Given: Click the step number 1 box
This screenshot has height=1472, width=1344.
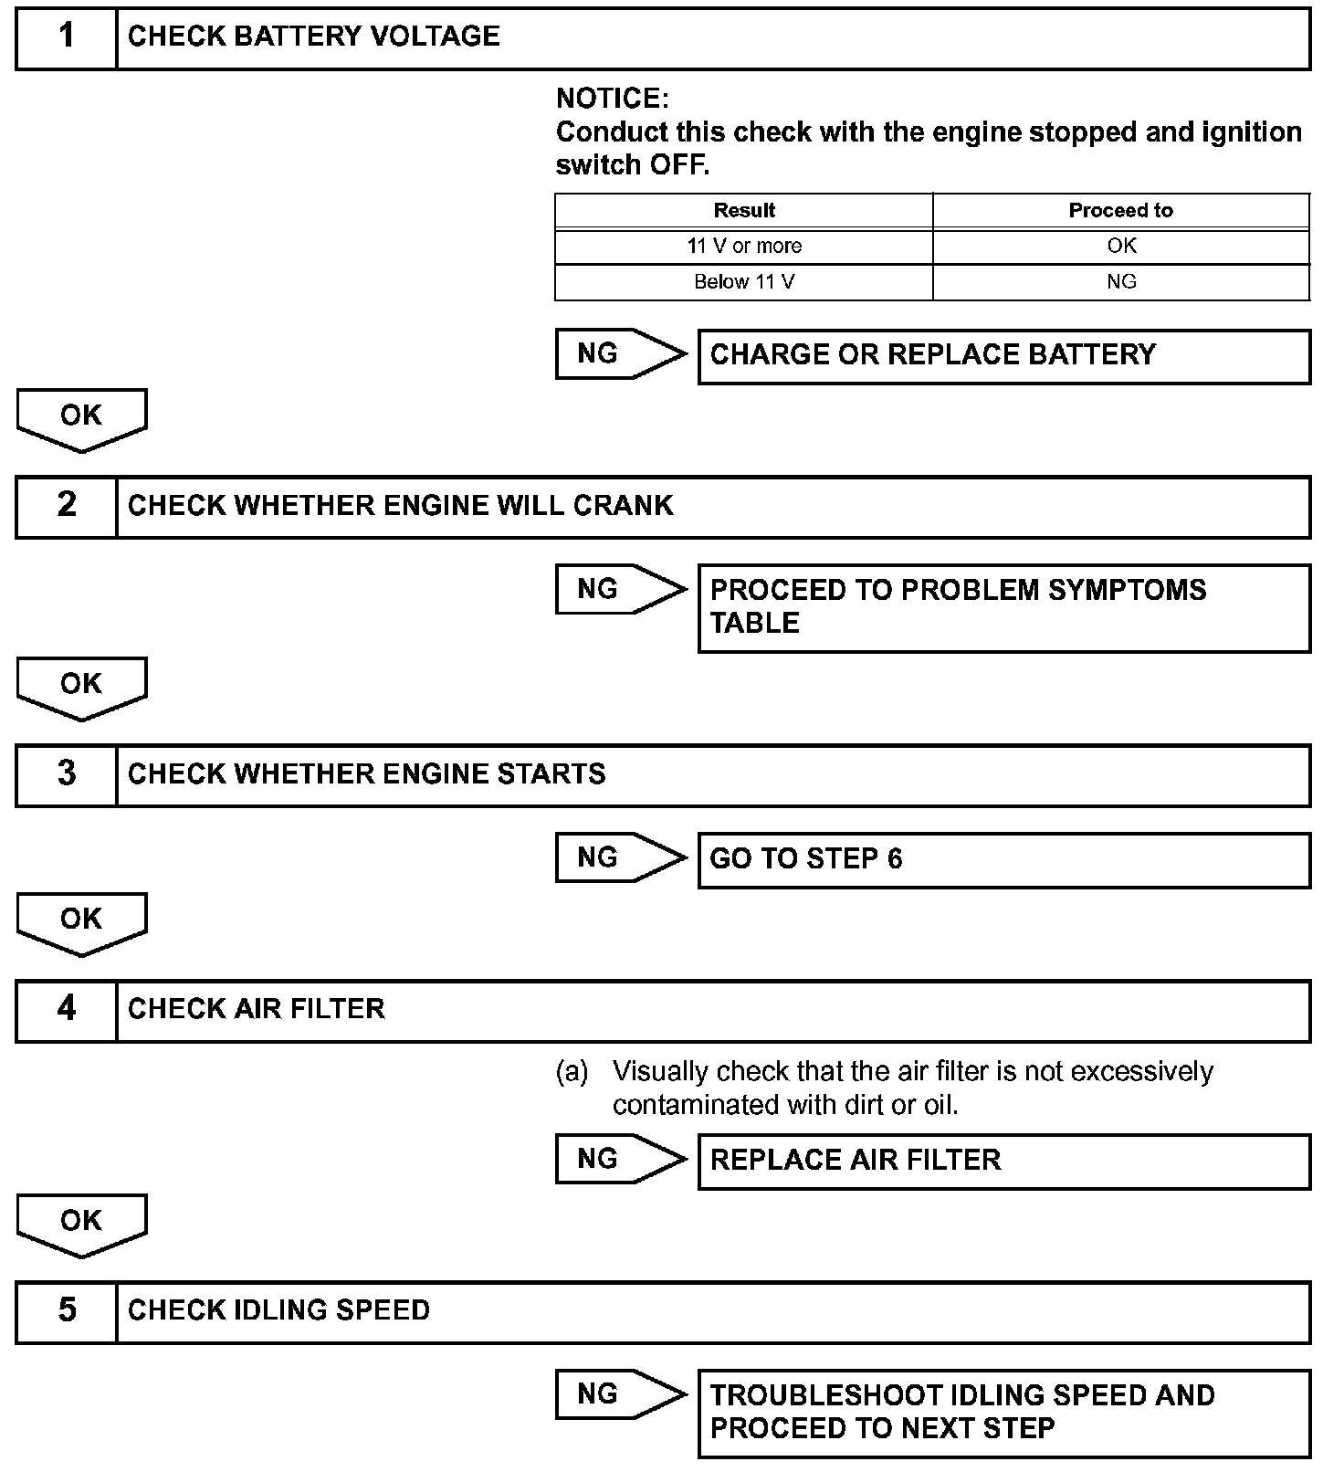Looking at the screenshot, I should point(67,37).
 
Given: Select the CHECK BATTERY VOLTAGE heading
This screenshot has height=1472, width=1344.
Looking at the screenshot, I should point(313,37).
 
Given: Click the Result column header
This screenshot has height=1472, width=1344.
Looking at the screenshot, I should point(744,211).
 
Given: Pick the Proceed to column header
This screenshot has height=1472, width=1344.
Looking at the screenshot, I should point(1120,211).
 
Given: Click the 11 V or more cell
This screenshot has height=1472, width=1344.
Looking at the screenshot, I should point(744,247).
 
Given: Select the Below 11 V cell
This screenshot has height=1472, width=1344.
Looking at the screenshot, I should point(744,282).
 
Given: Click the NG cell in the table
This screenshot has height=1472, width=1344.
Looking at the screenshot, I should point(1120,282).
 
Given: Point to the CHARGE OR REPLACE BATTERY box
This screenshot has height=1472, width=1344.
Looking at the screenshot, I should point(1003,356).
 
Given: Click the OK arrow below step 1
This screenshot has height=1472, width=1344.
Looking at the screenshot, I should point(81,417).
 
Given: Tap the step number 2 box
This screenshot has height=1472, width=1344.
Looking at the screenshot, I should point(67,506).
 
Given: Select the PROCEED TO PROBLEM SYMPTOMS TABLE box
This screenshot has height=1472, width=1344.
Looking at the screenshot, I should point(1003,607).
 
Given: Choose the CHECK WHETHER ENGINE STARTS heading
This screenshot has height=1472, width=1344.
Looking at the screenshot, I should point(366,774).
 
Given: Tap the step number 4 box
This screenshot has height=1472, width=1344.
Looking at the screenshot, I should point(67,1009).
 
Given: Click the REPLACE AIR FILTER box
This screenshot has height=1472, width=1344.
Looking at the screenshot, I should point(1003,1161).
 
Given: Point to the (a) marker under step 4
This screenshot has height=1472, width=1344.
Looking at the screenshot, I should point(572,1072).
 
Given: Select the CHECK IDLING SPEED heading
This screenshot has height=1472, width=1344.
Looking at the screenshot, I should point(278,1310).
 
